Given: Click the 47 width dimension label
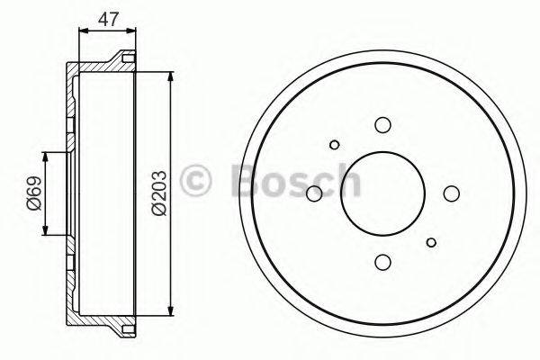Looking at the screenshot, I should click(x=107, y=18).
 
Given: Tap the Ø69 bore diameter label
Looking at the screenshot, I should click(x=33, y=193).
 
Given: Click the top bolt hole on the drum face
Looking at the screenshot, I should click(x=382, y=125).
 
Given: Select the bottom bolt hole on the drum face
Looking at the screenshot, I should click(x=382, y=261).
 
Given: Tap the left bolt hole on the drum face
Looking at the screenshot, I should click(x=314, y=193).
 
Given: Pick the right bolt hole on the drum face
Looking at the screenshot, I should click(x=451, y=193).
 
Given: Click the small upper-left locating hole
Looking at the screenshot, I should click(x=334, y=144).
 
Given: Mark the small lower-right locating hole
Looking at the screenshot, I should click(x=432, y=241).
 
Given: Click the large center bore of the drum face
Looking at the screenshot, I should click(x=382, y=193).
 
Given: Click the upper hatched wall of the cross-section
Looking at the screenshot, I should click(x=99, y=67).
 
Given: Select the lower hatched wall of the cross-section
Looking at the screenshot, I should click(x=99, y=320).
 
